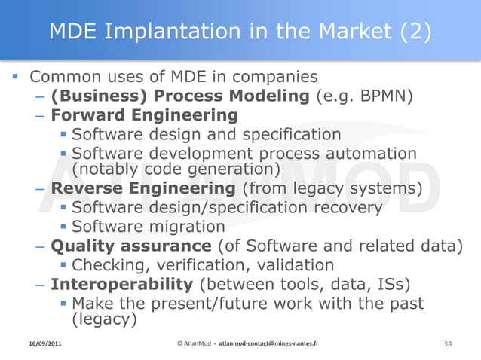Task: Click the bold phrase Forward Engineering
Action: (x=144, y=115)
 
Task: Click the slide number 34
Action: (x=448, y=343)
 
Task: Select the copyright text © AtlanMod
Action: (x=194, y=343)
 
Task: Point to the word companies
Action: (x=276, y=77)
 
